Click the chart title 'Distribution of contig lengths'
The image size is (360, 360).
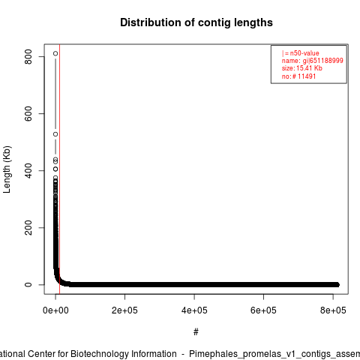pyautogui.click(x=196, y=22)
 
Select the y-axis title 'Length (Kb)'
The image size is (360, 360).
pyautogui.click(x=7, y=169)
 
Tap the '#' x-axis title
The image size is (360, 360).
pyautogui.click(x=196, y=332)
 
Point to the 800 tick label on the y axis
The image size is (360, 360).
pyautogui.click(x=28, y=56)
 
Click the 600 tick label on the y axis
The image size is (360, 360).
pyautogui.click(x=28, y=113)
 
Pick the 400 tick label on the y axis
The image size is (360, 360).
pyautogui.click(x=28, y=170)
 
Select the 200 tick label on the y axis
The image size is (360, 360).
pyautogui.click(x=28, y=227)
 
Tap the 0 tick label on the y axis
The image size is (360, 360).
pyautogui.click(x=28, y=284)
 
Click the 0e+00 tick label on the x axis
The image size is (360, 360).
pyautogui.click(x=55, y=310)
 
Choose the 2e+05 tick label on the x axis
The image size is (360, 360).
pyautogui.click(x=124, y=310)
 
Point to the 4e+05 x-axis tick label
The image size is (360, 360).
pyautogui.click(x=194, y=310)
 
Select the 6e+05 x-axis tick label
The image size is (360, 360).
pyautogui.click(x=263, y=310)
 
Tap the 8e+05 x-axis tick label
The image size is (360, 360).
pyautogui.click(x=333, y=310)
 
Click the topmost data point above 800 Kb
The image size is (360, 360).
pyautogui.click(x=55, y=53)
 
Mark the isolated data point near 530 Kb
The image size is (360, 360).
pyautogui.click(x=55, y=134)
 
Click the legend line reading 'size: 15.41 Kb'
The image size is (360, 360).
pyautogui.click(x=302, y=68)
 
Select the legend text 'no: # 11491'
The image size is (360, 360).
pyautogui.click(x=298, y=76)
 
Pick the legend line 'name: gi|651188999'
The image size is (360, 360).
pyautogui.click(x=313, y=61)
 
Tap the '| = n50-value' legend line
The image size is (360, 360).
pyautogui.click(x=301, y=53)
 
